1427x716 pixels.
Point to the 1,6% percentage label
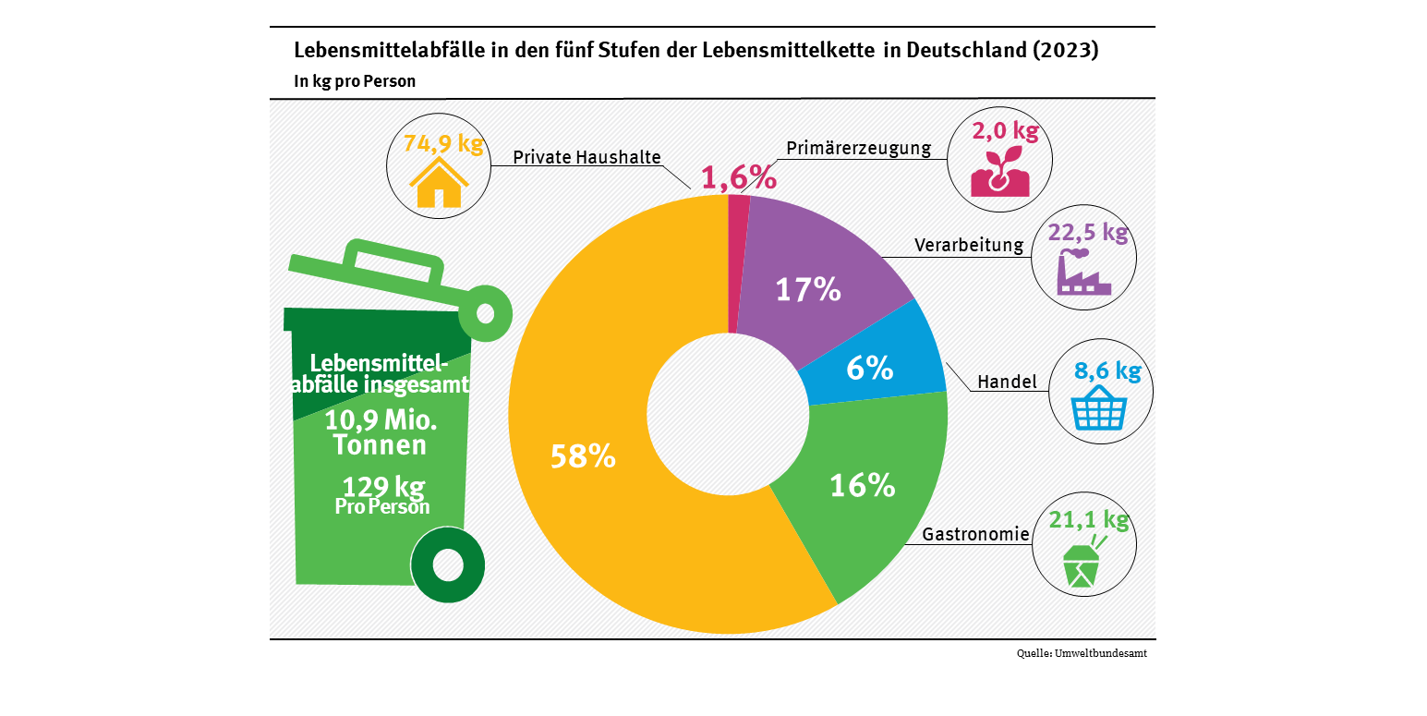[739, 177]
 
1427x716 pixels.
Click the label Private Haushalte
[587, 157]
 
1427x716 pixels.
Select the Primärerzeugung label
[859, 149]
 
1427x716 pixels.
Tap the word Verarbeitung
[969, 245]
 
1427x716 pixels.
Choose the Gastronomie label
[975, 534]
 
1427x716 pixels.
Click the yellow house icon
[438, 183]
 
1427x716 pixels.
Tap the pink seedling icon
[999, 174]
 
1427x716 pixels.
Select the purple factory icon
[1082, 273]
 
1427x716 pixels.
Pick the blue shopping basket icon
[1098, 409]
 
